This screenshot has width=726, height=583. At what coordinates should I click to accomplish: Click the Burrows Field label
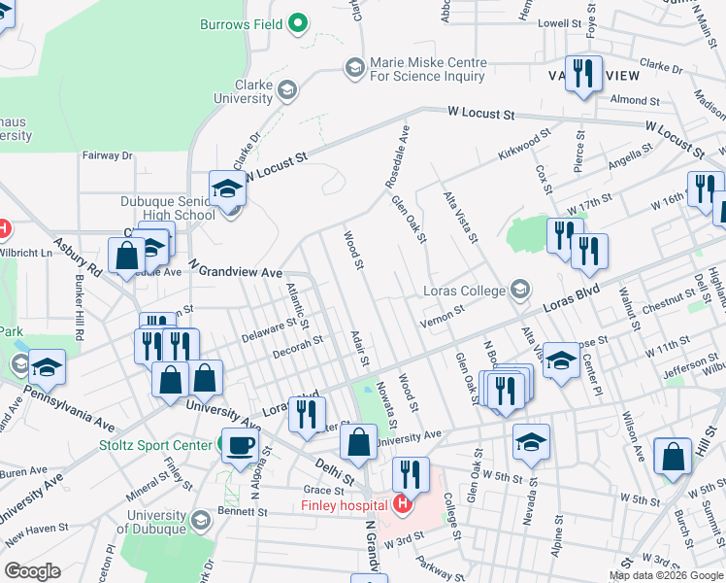click(x=241, y=24)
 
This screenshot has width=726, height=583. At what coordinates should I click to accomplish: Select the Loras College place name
click(x=465, y=291)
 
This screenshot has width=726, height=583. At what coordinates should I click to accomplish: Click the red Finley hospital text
click(x=344, y=504)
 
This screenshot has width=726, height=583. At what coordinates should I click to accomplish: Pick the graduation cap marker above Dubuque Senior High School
click(x=228, y=189)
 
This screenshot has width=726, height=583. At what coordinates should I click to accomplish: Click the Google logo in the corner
click(x=32, y=571)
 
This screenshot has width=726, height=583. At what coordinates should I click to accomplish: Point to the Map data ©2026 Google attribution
click(x=666, y=575)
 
